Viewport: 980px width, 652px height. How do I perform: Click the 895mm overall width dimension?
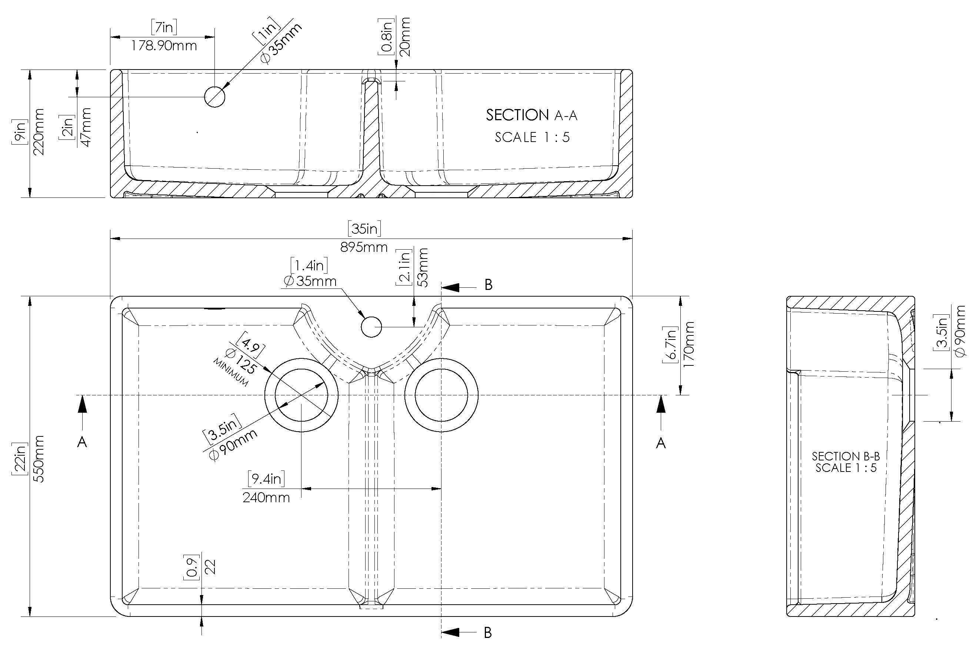pos(363,247)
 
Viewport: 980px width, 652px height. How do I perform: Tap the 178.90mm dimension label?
pos(164,46)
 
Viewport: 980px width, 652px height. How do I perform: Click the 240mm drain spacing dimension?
pos(266,498)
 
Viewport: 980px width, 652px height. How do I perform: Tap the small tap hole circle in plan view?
pos(371,327)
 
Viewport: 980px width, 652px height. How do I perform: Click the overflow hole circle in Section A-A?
pos(215,97)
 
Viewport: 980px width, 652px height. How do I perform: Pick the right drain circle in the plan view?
pos(441,395)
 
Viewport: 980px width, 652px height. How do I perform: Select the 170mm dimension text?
pos(689,344)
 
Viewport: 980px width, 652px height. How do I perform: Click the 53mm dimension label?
pos(423,267)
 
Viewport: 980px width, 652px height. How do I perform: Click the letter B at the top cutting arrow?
pos(489,285)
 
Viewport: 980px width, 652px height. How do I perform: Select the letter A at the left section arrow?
pos(82,442)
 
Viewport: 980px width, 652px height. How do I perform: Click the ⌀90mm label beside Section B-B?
pos(960,331)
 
